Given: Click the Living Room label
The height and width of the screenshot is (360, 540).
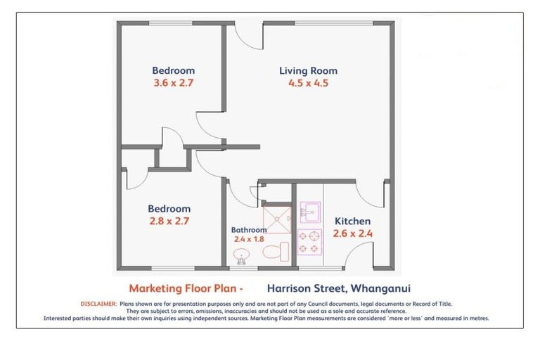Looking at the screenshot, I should coord(308,70).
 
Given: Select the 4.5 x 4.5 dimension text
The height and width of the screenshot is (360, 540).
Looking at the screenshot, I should coord(308,83).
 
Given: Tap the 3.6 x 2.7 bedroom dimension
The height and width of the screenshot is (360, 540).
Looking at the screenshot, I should coord(173,83).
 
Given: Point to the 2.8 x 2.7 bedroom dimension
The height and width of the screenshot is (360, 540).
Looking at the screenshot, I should coord(169,221).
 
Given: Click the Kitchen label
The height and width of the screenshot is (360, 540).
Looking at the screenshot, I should coord(352,221).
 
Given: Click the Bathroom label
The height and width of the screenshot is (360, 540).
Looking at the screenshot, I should coord(249,230).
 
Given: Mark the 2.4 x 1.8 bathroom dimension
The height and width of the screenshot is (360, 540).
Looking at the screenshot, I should coord(249,239).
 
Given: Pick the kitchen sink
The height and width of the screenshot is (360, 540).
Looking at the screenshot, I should coord(309,210).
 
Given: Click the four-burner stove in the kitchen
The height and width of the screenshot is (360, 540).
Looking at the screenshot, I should coord(309,242).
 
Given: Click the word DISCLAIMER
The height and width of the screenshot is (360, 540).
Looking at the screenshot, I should coord(98,304).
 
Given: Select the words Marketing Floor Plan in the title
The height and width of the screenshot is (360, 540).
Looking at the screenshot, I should coord(181,288).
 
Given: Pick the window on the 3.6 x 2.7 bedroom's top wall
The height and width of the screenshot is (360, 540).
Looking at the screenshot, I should coord(171,23).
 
